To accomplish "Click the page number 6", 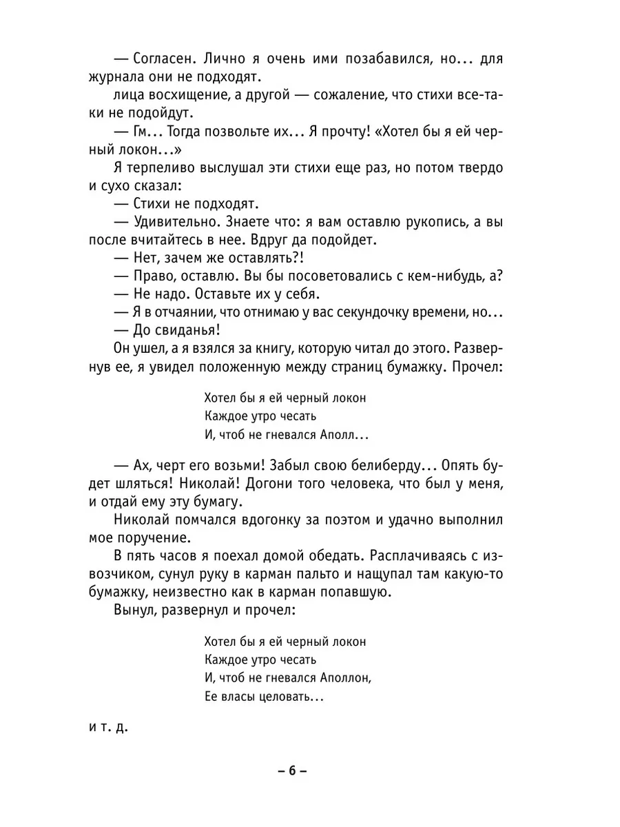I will [292, 772].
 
